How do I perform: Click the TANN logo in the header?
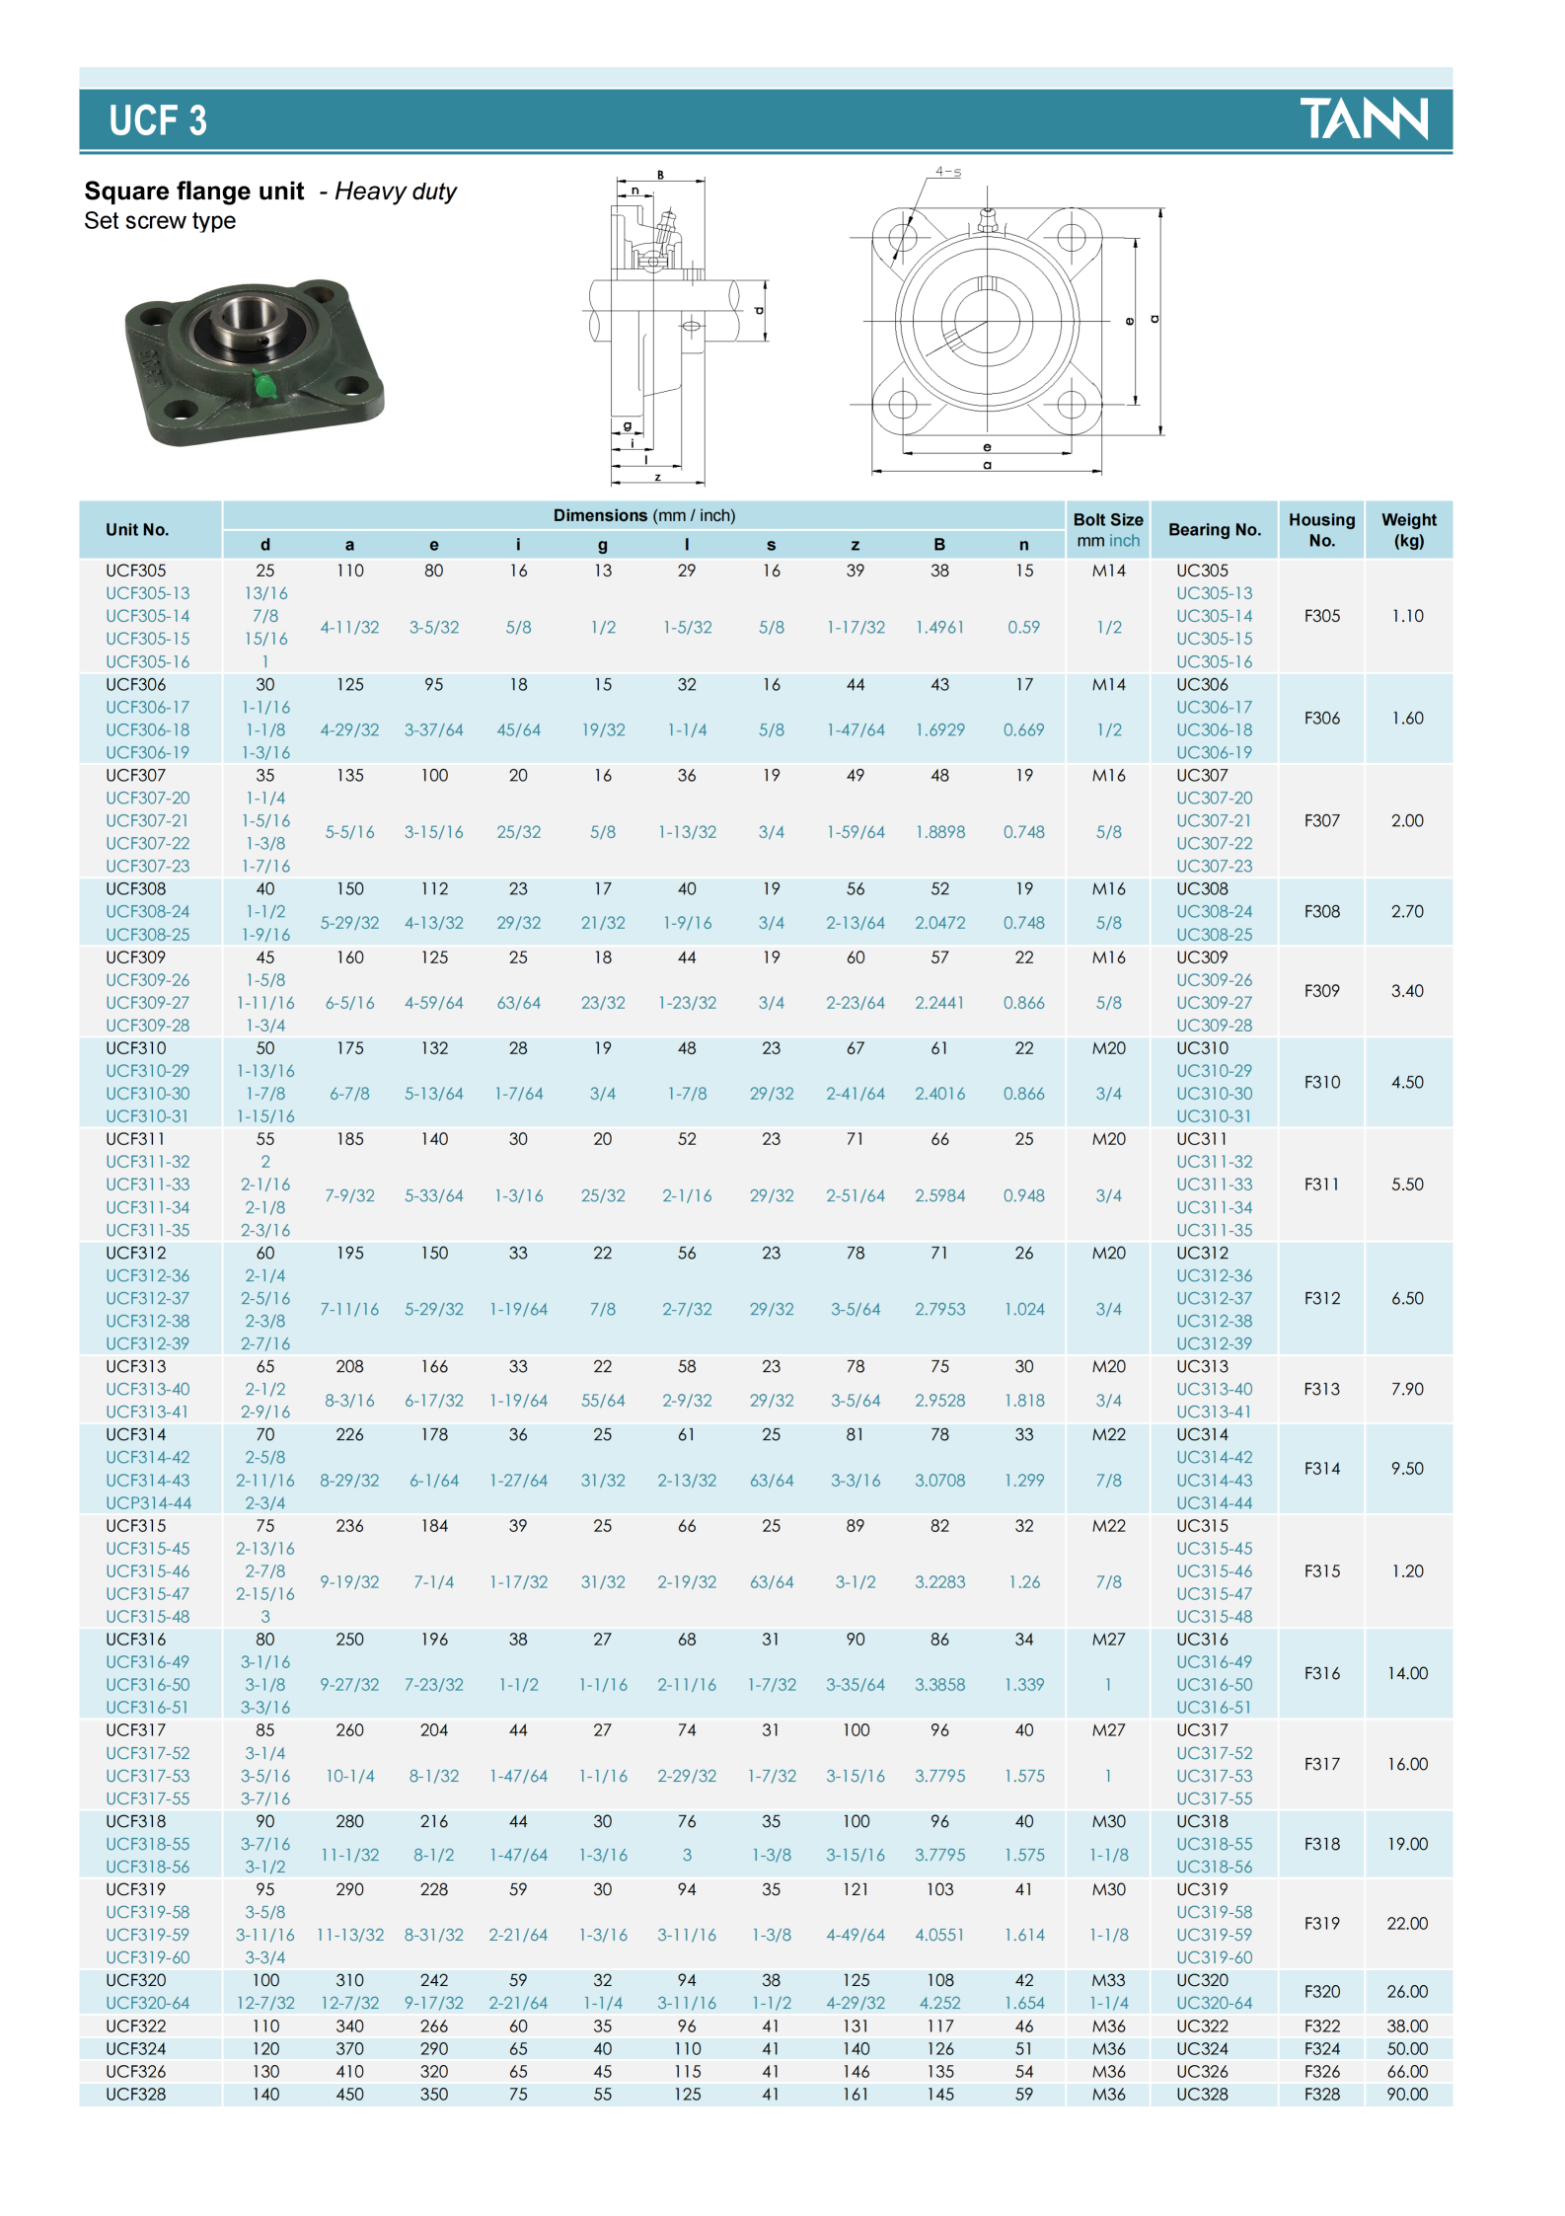[1363, 118]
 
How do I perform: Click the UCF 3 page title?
[158, 121]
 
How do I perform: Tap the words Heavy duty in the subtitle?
[395, 191]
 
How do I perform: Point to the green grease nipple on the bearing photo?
[264, 384]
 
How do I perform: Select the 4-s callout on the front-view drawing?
[947, 172]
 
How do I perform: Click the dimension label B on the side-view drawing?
[660, 175]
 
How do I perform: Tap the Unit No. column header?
[137, 530]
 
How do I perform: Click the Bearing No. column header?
[1214, 530]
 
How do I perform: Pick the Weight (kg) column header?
[1408, 530]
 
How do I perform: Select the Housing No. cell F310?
[1321, 1082]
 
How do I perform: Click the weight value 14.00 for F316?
[1407, 1673]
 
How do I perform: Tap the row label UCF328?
[136, 2094]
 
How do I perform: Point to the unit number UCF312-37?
[148, 1298]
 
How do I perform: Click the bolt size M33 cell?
[1108, 1980]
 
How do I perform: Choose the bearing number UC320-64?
[1214, 2003]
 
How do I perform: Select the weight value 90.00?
[1407, 2094]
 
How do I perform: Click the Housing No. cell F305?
[1321, 616]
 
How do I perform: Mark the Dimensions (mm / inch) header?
[643, 515]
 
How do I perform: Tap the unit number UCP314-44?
[149, 1502]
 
